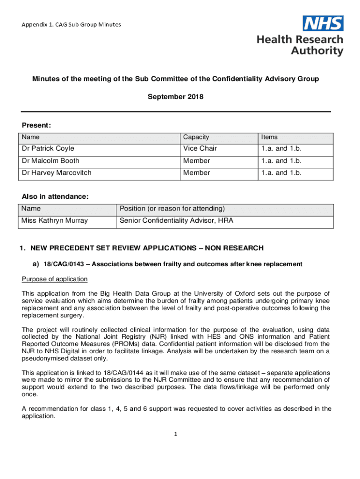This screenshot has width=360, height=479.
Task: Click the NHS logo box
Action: [x=323, y=23]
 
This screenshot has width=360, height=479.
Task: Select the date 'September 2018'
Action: [x=175, y=97]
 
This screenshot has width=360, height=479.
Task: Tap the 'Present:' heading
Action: [x=36, y=125]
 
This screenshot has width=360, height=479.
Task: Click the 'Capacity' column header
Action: [x=196, y=137]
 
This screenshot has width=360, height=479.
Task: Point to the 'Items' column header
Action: [x=269, y=137]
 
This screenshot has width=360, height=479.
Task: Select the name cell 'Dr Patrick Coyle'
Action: [x=48, y=149]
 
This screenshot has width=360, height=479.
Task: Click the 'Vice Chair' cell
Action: [x=200, y=149]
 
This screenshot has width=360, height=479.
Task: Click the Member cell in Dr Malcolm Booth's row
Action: [x=196, y=161]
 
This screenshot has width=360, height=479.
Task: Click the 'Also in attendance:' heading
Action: [x=55, y=197]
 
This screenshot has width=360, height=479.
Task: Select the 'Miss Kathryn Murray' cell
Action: [x=55, y=221]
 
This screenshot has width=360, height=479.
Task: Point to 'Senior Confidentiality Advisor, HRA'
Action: [x=177, y=221]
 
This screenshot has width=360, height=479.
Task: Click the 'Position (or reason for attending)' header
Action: [x=173, y=209]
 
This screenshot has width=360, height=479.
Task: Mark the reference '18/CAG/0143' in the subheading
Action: [x=64, y=264]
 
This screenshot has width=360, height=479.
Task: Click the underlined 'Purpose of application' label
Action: [x=55, y=279]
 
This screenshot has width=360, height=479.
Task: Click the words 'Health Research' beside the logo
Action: [x=300, y=40]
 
